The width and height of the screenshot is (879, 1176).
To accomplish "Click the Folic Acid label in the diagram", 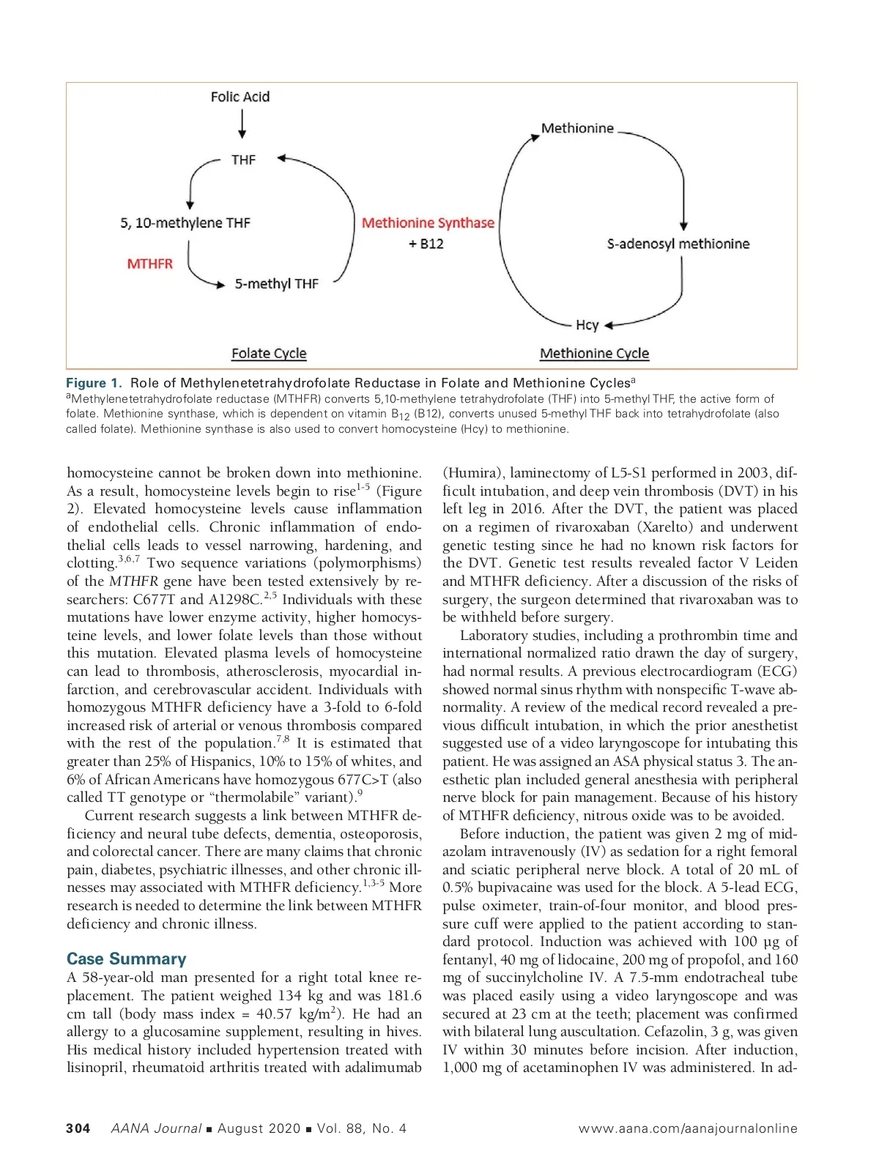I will click(x=240, y=97).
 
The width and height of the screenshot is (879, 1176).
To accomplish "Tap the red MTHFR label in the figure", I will click(x=150, y=264).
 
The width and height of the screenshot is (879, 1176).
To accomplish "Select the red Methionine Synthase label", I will click(x=428, y=223).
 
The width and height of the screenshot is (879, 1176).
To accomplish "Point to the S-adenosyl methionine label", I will click(x=678, y=244).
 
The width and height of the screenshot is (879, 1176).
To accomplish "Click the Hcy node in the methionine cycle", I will click(x=587, y=325).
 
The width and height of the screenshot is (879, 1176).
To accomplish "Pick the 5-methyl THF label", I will click(x=276, y=283).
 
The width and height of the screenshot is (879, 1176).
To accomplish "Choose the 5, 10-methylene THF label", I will click(x=185, y=223).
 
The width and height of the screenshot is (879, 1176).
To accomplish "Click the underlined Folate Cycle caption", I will click(x=269, y=354).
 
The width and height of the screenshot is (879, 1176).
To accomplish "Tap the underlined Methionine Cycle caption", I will click(x=594, y=354).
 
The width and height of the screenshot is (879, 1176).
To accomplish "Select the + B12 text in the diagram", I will click(x=426, y=244).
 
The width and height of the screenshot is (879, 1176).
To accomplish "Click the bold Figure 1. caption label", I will click(x=94, y=383).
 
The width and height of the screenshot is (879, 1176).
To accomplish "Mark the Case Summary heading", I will click(x=126, y=959).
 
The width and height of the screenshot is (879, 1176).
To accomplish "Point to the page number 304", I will click(x=78, y=1128).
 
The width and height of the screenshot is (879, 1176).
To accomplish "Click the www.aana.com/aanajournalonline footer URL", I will click(x=687, y=1128).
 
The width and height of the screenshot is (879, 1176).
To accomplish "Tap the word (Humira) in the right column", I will click(x=472, y=473).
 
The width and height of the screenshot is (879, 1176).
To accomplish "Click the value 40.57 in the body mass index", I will click(x=275, y=1014).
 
